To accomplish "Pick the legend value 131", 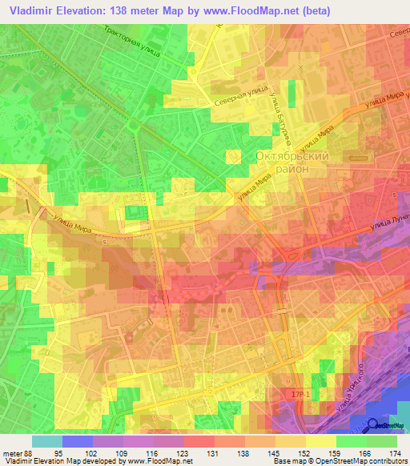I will tap(212, 452).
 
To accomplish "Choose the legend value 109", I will tap(120, 452).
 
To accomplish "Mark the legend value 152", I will tap(304, 452).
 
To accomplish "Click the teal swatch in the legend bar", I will tap(46, 441).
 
